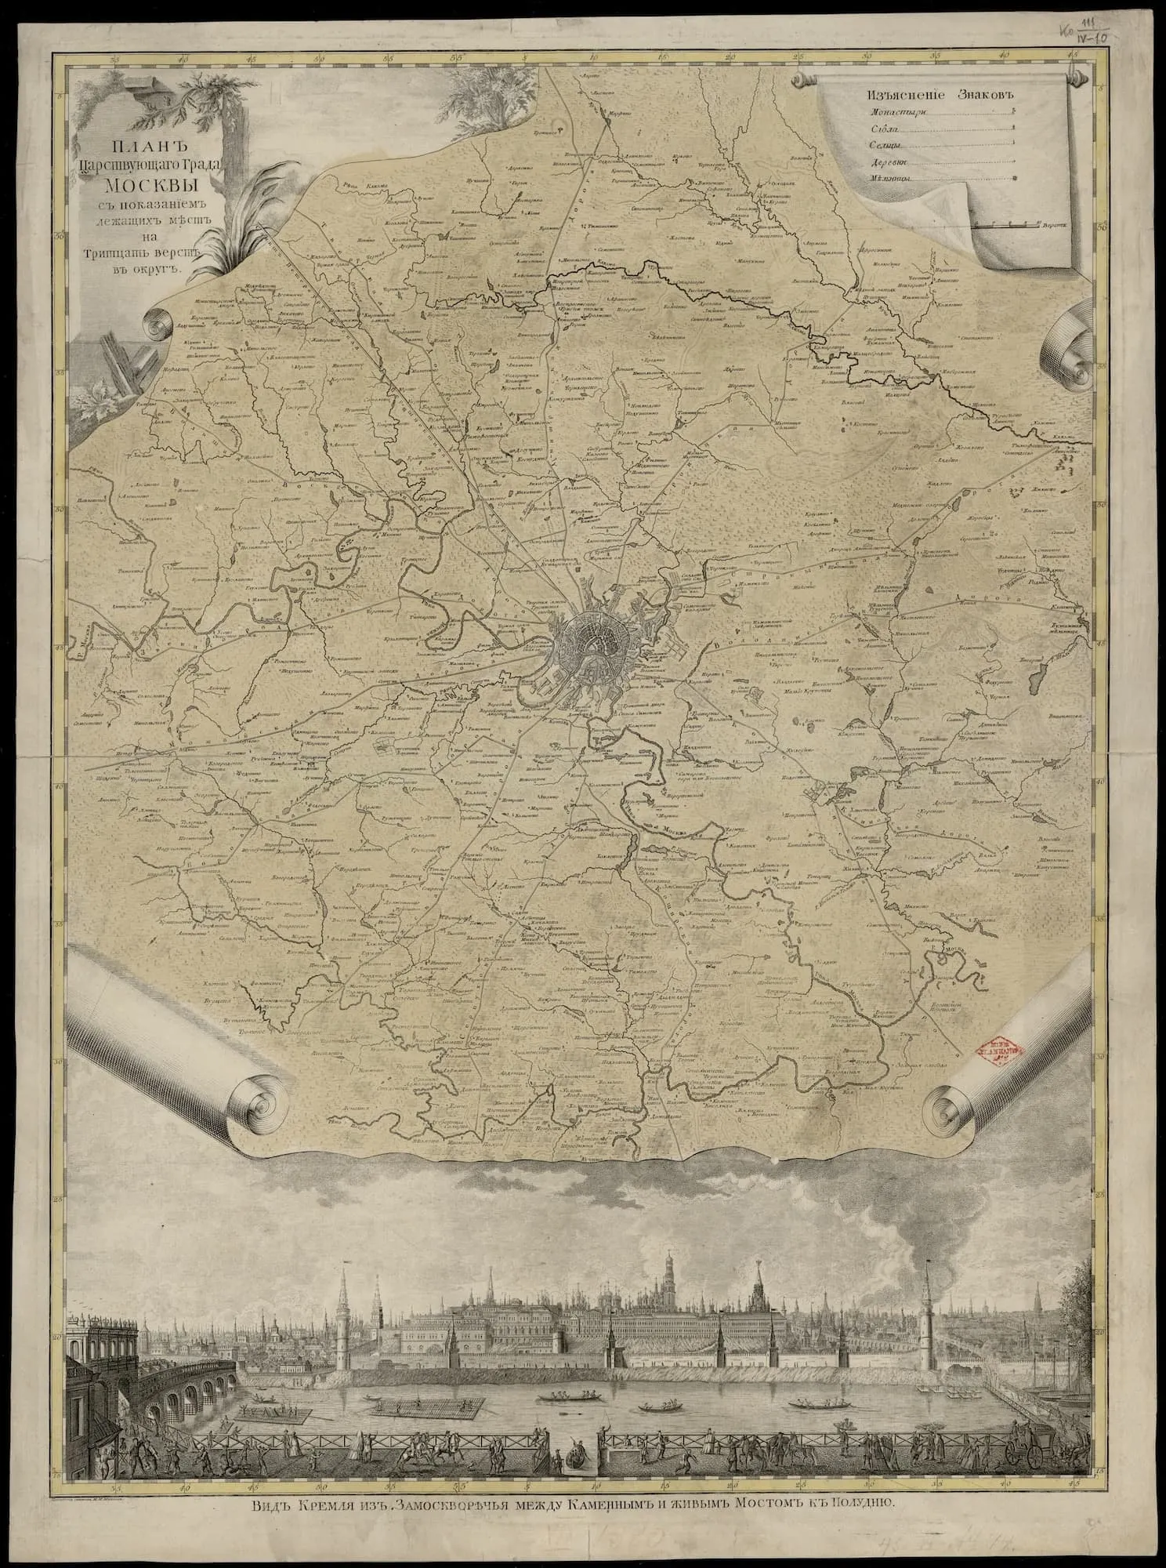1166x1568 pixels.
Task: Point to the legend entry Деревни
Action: click(x=890, y=162)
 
